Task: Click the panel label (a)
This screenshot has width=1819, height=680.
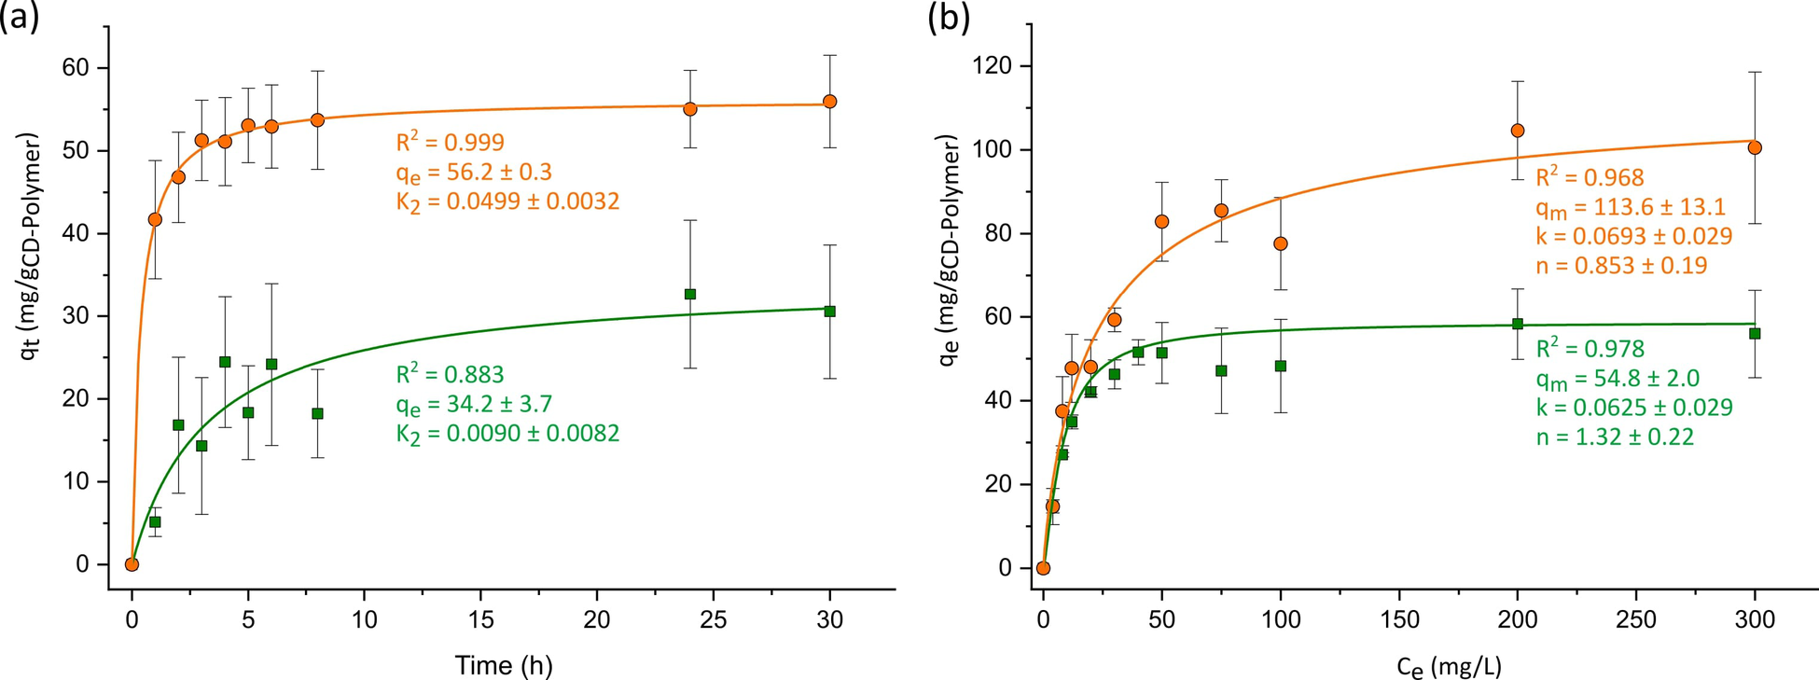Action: click(20, 17)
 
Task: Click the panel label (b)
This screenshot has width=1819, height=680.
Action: click(949, 17)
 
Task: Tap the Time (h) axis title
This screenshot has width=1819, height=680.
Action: click(504, 665)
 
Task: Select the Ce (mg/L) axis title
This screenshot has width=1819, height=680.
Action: click(1449, 666)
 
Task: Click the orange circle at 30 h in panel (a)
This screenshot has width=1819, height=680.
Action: click(830, 102)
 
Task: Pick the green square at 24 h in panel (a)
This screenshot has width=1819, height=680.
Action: click(690, 294)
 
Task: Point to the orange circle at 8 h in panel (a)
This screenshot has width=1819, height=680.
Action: click(317, 120)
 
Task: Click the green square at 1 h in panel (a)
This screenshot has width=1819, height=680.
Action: click(155, 522)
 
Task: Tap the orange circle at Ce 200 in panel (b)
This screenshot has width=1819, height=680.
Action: click(1518, 131)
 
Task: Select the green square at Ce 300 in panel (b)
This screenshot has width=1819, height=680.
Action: click(1755, 334)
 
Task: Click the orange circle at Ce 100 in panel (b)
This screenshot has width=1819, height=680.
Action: click(1281, 243)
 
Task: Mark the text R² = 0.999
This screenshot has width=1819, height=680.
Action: click(450, 143)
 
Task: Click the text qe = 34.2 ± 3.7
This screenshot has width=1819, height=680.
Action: click(474, 404)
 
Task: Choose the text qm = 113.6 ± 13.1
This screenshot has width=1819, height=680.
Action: click(1631, 207)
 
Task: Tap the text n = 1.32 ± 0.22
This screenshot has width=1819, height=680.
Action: click(1615, 437)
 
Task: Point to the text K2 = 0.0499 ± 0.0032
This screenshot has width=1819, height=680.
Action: click(507, 202)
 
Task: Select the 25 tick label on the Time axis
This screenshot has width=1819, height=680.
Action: click(714, 620)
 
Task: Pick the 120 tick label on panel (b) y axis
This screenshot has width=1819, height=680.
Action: click(992, 66)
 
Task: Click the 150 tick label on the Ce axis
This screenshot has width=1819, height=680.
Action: click(1398, 620)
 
